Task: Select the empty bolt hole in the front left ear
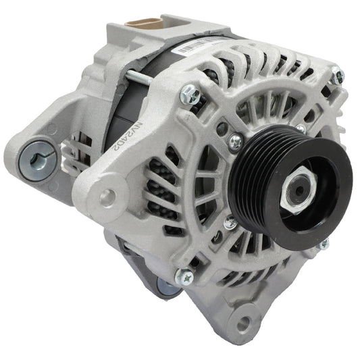pyautogui.click(x=108, y=196)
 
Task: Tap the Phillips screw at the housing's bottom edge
pyautogui.click(x=183, y=277)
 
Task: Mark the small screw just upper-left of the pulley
pyautogui.click(x=236, y=141)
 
